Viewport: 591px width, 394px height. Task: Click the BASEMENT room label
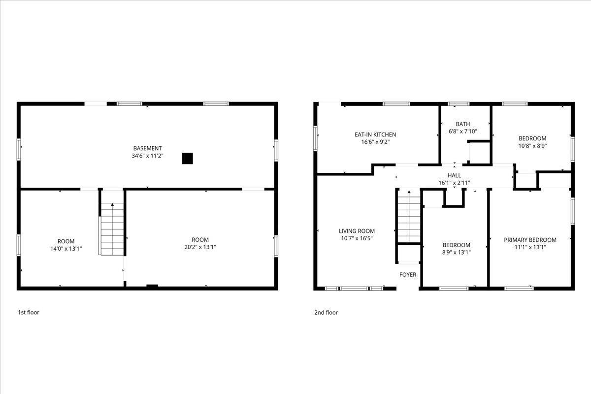(x=147, y=148)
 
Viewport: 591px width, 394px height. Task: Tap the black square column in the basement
(x=187, y=158)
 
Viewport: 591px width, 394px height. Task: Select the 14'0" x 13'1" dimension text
(x=66, y=249)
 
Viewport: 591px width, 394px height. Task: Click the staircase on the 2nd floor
(x=409, y=217)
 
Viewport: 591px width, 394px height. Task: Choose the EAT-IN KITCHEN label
(x=375, y=134)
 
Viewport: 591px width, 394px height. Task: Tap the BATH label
(x=463, y=124)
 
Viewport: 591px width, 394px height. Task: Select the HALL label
(x=455, y=175)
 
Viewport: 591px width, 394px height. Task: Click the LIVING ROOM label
(x=357, y=231)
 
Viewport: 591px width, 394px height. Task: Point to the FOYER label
(x=408, y=274)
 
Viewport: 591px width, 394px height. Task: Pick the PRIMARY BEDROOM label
(x=530, y=240)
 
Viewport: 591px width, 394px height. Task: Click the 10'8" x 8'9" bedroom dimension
(x=532, y=146)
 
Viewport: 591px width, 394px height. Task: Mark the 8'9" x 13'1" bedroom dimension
(x=456, y=252)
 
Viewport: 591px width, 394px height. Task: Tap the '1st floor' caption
(x=29, y=312)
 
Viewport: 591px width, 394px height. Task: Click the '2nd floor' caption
(x=326, y=312)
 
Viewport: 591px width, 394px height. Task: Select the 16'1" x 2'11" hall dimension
(x=455, y=183)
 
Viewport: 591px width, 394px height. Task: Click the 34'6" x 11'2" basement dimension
(x=147, y=156)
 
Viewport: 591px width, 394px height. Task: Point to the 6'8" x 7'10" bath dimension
(x=463, y=131)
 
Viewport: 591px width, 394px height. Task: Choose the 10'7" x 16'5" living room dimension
(x=357, y=238)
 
